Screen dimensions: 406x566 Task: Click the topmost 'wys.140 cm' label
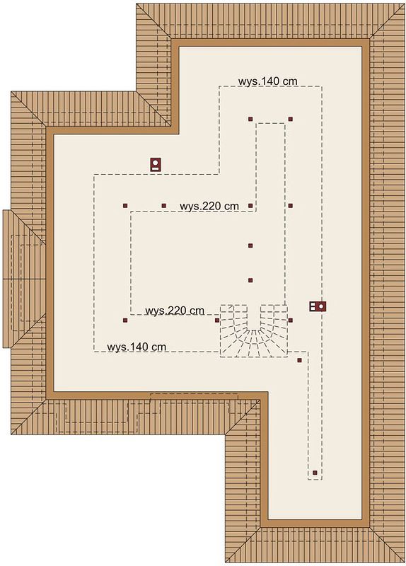[268, 81]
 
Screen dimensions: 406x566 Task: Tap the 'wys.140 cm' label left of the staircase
[137, 347]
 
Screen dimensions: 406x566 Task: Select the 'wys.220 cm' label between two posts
[209, 206]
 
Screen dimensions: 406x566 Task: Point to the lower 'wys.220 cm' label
[175, 311]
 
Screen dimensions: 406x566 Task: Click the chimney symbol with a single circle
[156, 164]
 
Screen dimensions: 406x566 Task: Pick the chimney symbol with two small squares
[318, 306]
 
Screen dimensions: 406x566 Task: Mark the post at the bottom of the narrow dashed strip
[315, 473]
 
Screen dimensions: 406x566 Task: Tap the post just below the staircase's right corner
[299, 360]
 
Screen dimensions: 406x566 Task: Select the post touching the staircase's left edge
[217, 320]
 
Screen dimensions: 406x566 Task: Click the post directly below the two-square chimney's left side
[290, 320]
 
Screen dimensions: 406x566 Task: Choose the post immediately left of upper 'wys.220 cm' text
[164, 206]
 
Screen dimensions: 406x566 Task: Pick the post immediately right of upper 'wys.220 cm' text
[250, 206]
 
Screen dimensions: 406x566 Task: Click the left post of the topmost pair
[250, 119]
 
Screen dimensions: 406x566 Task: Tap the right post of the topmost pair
[290, 119]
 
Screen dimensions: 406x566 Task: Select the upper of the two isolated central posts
[250, 246]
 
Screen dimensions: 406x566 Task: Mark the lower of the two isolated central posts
[250, 280]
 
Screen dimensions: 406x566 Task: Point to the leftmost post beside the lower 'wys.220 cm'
[125, 320]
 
